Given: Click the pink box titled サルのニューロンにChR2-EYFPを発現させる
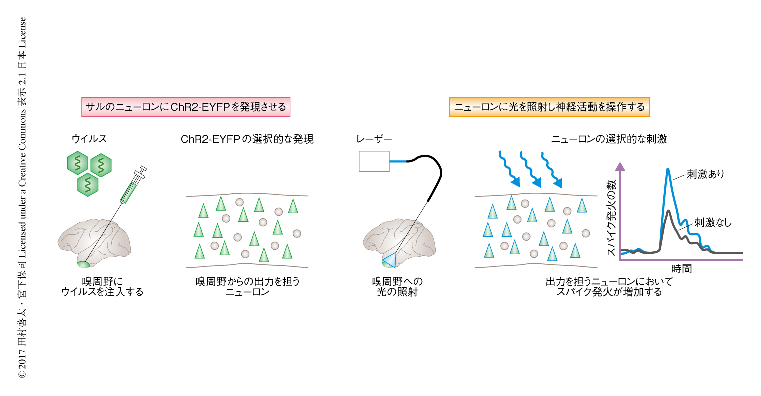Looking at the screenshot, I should [186, 107].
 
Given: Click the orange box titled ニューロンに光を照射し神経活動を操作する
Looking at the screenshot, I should [549, 107].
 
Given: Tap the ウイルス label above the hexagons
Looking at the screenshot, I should [89, 139].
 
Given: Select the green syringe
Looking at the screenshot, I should [131, 188].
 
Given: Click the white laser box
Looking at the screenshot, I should [374, 161].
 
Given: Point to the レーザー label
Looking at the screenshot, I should [374, 139].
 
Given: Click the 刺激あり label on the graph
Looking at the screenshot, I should [705, 174].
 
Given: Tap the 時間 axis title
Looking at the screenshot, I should [681, 268].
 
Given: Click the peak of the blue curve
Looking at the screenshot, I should [668, 170].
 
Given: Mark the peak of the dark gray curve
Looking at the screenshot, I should [668, 211].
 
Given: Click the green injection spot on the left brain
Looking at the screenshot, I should [83, 264].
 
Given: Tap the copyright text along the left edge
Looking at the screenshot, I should [22, 198].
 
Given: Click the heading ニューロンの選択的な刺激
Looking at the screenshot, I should [609, 139].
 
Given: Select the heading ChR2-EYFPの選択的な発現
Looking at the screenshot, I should [247, 139].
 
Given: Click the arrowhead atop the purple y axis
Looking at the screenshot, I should [620, 166].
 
